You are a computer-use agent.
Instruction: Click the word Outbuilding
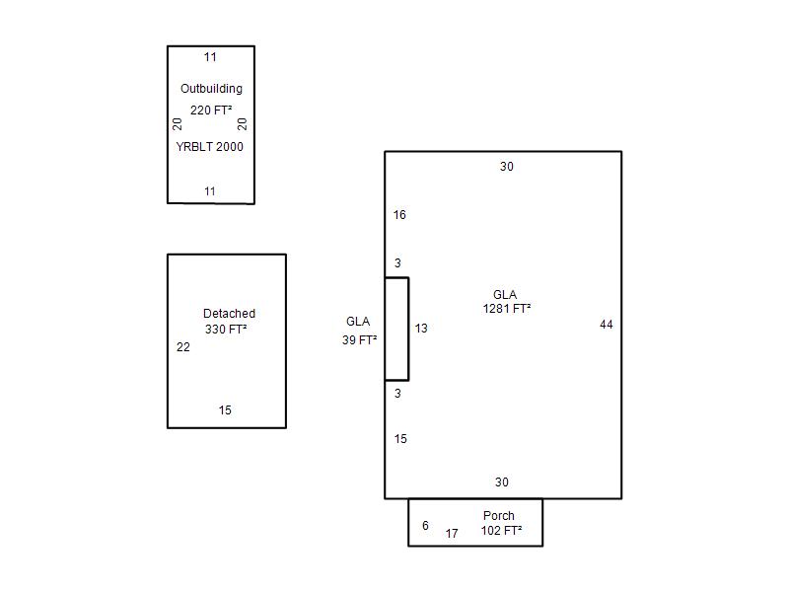pos(211,89)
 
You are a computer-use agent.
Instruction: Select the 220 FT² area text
pos(211,110)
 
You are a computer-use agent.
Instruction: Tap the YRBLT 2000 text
pos(209,146)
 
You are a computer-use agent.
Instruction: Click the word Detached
pos(229,313)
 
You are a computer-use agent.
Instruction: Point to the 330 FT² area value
pos(226,330)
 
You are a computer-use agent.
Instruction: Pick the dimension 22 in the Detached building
pos(183,347)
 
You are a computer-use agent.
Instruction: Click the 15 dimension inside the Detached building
pos(225,410)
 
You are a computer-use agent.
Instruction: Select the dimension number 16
pos(399,215)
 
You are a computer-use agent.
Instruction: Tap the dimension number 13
pos(421,329)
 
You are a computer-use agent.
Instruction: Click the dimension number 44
pos(607,325)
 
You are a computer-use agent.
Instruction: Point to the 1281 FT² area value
pos(507,309)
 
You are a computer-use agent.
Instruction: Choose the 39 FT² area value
pos(359,339)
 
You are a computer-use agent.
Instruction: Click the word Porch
pos(499,515)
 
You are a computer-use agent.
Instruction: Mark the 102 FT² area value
pos(501,531)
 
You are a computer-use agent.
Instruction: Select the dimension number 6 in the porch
pos(425,526)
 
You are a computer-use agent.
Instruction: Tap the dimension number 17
pos(452,534)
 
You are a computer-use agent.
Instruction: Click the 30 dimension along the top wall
pos(507,167)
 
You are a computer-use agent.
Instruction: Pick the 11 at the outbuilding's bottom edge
pos(210,191)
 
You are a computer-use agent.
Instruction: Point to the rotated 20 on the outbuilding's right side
pos(242,124)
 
